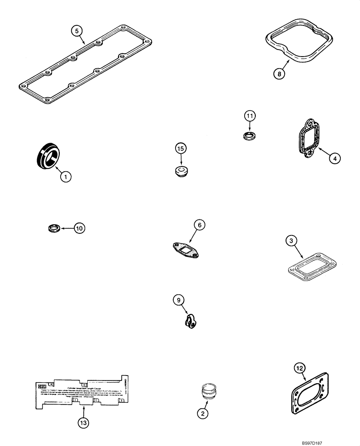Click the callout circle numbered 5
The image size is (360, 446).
[x=77, y=31]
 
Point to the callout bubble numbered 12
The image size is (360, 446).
[x=300, y=368]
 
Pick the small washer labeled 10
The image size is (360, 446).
[x=53, y=229]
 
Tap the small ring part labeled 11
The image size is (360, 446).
[x=250, y=135]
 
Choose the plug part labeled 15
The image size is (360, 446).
[x=181, y=171]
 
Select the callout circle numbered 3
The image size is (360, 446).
[x=290, y=241]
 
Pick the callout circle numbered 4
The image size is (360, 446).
[x=335, y=158]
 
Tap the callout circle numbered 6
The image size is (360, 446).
[x=200, y=226]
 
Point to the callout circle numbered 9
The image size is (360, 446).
[x=179, y=301]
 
